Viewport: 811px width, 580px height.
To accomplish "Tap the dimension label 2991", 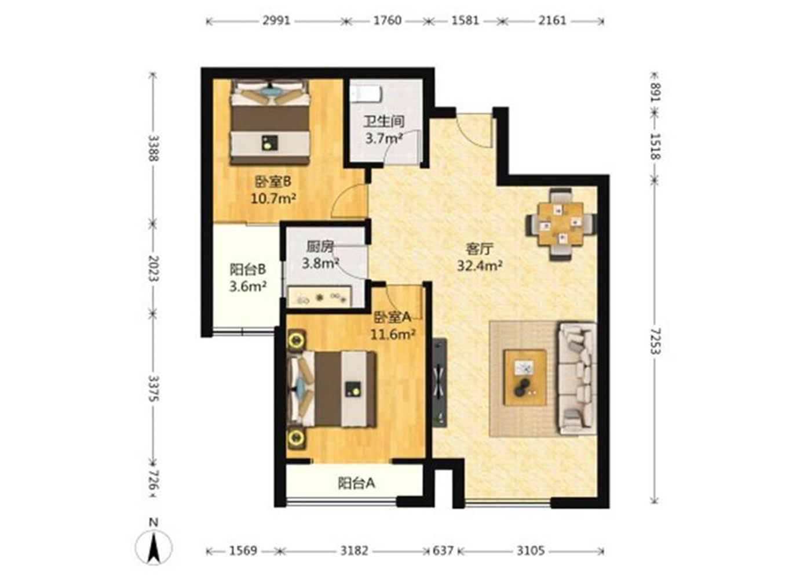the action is pyautogui.click(x=277, y=21).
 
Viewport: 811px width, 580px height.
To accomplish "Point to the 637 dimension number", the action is pyautogui.click(x=443, y=551).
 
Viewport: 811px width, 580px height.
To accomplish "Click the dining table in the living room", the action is pyautogui.click(x=561, y=223).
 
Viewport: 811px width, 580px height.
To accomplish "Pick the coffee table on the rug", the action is pyautogui.click(x=525, y=378).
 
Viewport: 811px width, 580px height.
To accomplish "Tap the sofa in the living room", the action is pyautogui.click(x=577, y=378).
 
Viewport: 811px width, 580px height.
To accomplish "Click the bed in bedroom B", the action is pyautogui.click(x=270, y=122).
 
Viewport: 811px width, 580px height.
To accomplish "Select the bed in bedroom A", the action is pyautogui.click(x=331, y=389).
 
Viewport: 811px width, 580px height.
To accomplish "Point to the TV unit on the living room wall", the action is pyautogui.click(x=440, y=382).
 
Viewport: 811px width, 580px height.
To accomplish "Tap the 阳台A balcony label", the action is pyautogui.click(x=356, y=483).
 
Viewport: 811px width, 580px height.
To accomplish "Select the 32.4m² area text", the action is pyautogui.click(x=480, y=266).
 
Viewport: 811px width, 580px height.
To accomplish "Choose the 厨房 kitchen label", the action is pyautogui.click(x=319, y=247).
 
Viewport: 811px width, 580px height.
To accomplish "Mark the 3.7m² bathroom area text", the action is pyautogui.click(x=384, y=139).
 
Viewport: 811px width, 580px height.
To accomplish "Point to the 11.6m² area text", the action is pyautogui.click(x=393, y=334).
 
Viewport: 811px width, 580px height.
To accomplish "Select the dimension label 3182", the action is pyautogui.click(x=354, y=551).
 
